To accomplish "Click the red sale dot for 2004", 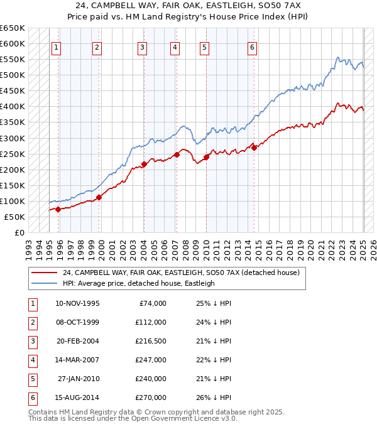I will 144,165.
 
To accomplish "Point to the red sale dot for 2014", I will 254,148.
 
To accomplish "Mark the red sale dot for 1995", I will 58,209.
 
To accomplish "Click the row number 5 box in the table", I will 31,379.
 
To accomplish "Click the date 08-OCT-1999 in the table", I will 77,322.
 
